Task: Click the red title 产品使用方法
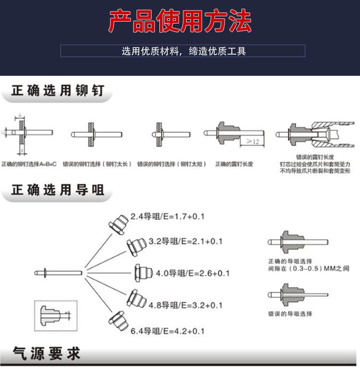pos(180,21)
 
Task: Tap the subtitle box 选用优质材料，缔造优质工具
pos(183,51)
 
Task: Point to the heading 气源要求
pos(46,354)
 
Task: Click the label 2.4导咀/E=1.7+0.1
pos(167,216)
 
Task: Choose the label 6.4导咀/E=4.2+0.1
pos(168,331)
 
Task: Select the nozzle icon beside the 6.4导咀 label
pos(118,321)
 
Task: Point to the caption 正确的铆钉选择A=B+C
pos(29,164)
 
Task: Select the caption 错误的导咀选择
pos(290,314)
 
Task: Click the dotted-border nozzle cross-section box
pos(56,315)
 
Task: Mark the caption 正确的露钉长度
pos(234,164)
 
